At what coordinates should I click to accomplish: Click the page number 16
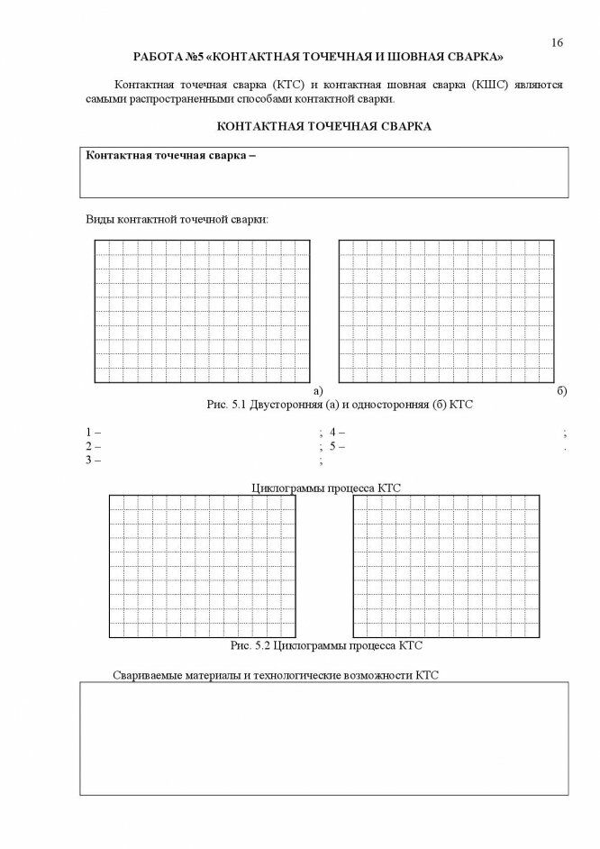click(557, 42)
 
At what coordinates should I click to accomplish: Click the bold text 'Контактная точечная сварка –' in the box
click(170, 155)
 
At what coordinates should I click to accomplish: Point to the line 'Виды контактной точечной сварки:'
click(177, 219)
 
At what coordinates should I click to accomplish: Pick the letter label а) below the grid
click(318, 391)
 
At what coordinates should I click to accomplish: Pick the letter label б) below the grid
click(561, 391)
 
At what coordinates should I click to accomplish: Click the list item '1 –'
click(93, 433)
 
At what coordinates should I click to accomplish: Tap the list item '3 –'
click(93, 461)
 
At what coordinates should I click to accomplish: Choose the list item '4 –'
click(338, 433)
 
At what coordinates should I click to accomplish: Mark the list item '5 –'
click(338, 446)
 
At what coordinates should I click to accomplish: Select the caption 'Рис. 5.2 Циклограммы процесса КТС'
click(326, 646)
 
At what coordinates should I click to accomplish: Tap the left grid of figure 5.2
click(203, 566)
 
